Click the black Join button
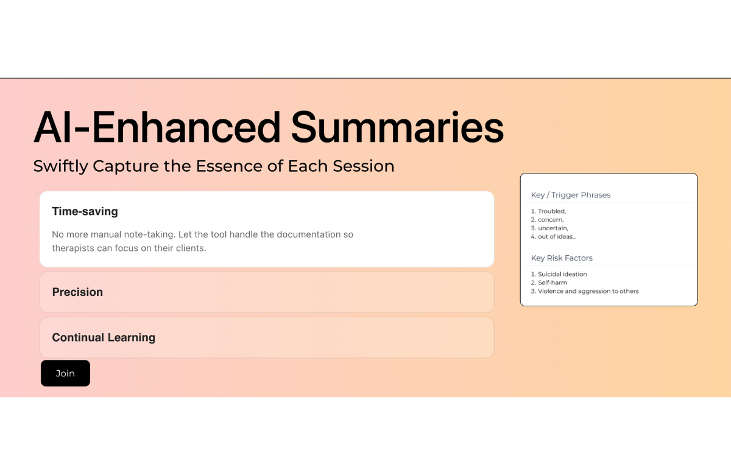(65, 373)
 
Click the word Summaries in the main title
(397, 127)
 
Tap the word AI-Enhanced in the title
(157, 127)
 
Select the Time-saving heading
(85, 211)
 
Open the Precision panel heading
(77, 292)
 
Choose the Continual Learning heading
(104, 337)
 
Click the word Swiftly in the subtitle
(61, 166)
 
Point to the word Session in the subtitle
(364, 166)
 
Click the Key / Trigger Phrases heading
(571, 195)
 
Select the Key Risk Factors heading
(562, 258)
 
